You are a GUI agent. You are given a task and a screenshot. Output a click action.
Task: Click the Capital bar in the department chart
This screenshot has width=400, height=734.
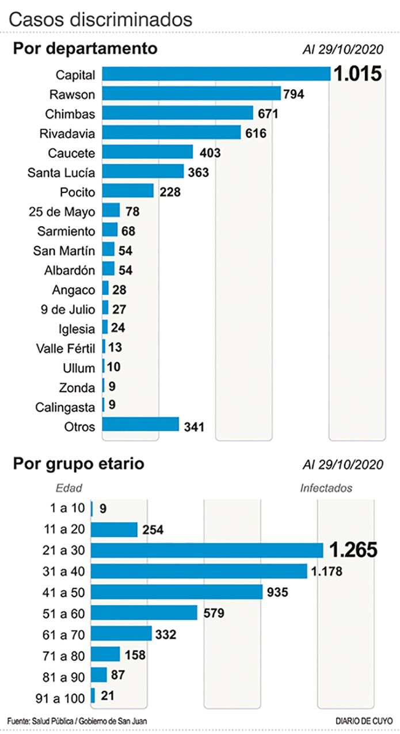(216, 74)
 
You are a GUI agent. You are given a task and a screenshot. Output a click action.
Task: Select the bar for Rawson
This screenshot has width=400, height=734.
(191, 94)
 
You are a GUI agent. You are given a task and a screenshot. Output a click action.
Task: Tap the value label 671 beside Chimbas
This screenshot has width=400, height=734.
(268, 113)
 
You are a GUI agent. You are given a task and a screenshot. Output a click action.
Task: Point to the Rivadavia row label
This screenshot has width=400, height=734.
(67, 133)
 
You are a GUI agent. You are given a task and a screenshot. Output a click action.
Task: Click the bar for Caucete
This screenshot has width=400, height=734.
(147, 153)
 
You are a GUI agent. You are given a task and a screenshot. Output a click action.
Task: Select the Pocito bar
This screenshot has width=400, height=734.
(128, 192)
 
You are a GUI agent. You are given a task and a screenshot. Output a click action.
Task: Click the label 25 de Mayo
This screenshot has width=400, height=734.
(62, 211)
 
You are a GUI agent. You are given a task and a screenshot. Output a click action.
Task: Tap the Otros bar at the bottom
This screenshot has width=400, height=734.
(140, 425)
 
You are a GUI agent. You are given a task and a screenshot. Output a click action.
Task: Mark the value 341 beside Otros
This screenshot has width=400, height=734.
(195, 427)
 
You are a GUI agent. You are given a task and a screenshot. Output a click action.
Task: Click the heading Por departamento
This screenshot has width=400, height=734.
(85, 49)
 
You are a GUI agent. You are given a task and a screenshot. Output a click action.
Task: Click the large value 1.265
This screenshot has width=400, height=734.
(353, 550)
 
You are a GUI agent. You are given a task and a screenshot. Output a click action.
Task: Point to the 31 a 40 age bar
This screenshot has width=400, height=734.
(199, 571)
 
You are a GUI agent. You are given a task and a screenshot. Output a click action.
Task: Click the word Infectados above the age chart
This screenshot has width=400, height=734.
(326, 488)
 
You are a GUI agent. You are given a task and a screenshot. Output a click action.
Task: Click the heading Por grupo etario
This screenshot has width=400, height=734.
(78, 463)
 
